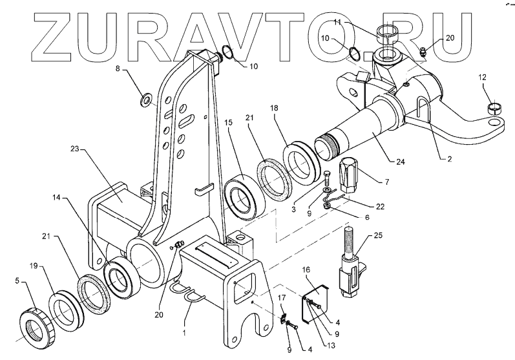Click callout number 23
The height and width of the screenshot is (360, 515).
75,149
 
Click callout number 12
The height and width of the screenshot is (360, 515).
481,78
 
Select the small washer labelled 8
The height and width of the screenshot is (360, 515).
146,100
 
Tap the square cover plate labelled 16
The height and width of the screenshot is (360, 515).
317,298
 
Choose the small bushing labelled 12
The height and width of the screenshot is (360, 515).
494,105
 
